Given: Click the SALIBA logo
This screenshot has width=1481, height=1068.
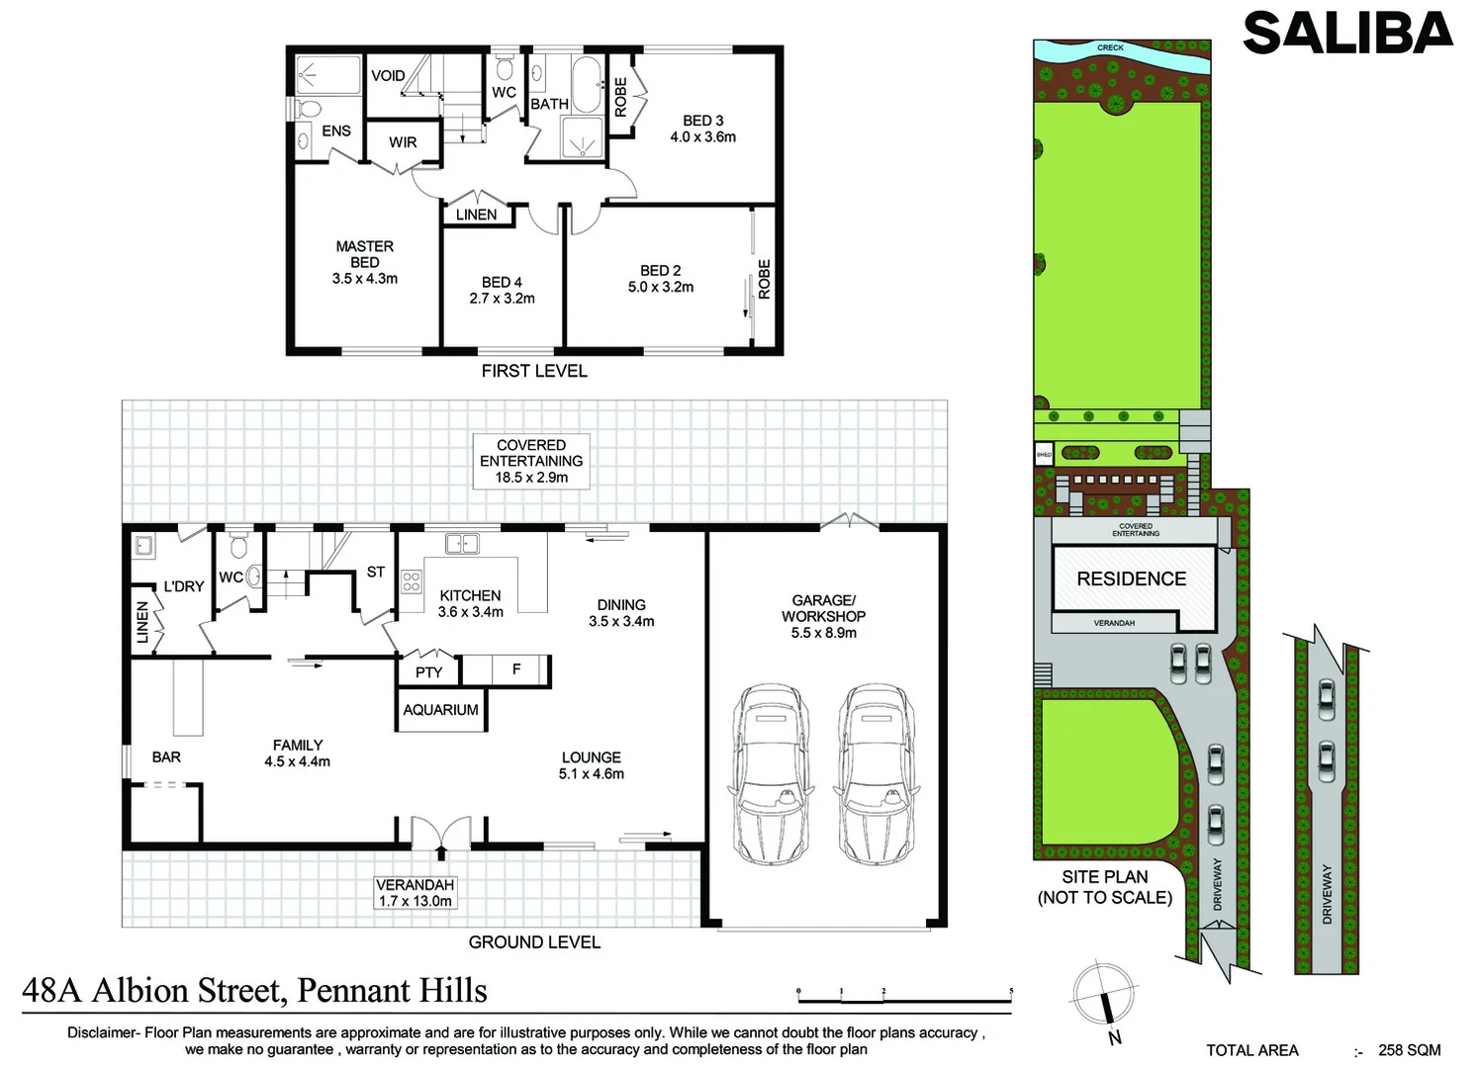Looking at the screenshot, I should (x=1346, y=34).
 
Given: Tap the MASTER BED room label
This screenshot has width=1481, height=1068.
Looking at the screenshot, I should (x=364, y=254).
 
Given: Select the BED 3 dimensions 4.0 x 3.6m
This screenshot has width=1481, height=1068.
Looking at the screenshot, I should (x=702, y=137).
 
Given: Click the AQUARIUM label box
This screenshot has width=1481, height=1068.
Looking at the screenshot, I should (x=440, y=710).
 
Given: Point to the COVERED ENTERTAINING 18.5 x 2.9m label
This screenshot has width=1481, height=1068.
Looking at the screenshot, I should (x=531, y=461).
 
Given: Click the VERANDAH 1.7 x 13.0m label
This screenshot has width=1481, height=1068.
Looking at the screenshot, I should (x=415, y=893).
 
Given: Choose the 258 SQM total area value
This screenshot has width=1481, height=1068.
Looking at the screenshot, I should (x=1409, y=1050).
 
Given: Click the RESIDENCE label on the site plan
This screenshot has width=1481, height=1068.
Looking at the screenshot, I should (x=1131, y=579).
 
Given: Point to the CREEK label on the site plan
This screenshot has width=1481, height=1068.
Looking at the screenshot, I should (x=1110, y=47).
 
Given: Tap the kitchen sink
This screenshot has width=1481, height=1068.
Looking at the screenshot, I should (x=462, y=543).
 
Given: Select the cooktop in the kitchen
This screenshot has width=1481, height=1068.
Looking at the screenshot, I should (x=412, y=581).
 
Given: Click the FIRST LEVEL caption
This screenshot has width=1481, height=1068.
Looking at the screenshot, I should (x=534, y=371).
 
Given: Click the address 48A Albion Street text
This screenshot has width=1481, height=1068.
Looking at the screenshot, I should (x=254, y=990).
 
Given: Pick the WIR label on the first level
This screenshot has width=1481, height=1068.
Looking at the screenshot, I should (x=403, y=142).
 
